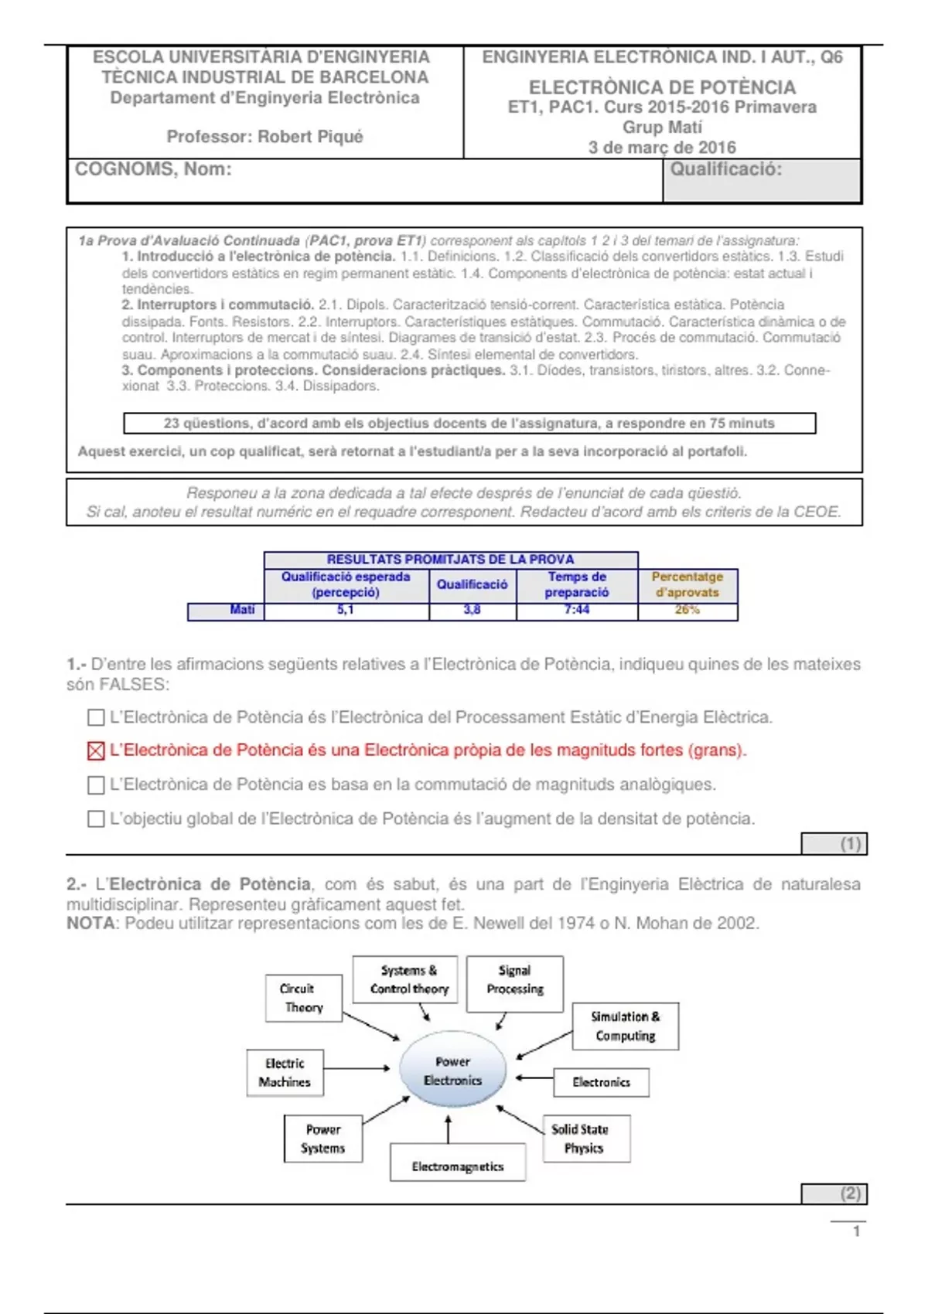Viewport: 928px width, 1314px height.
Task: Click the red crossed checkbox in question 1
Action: [x=96, y=751]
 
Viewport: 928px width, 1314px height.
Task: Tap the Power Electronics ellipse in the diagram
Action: [x=452, y=1071]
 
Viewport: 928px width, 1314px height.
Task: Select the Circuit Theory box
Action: [x=303, y=998]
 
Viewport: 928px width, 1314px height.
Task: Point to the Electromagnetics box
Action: [x=458, y=1163]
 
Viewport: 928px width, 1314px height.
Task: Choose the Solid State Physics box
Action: [x=586, y=1139]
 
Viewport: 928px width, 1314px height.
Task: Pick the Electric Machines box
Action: [x=285, y=1073]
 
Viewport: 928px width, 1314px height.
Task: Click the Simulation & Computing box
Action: [x=625, y=1026]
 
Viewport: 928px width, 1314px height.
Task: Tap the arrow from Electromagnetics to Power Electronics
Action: [x=449, y=1128]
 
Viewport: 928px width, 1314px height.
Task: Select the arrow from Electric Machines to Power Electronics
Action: [x=357, y=1068]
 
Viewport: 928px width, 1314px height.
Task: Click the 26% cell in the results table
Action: [x=687, y=611]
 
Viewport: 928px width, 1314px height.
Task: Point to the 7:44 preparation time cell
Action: [x=577, y=611]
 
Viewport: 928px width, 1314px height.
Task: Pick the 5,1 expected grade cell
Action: [x=346, y=611]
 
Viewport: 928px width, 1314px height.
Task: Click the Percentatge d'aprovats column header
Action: [x=687, y=585]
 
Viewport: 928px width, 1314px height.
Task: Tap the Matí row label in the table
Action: [x=242, y=611]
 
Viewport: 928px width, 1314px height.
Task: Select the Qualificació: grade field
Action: [x=762, y=181]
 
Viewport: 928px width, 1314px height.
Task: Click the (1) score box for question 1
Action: [x=834, y=844]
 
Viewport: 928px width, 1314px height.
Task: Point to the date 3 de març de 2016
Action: [x=662, y=148]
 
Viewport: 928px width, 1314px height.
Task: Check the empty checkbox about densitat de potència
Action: [x=96, y=819]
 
